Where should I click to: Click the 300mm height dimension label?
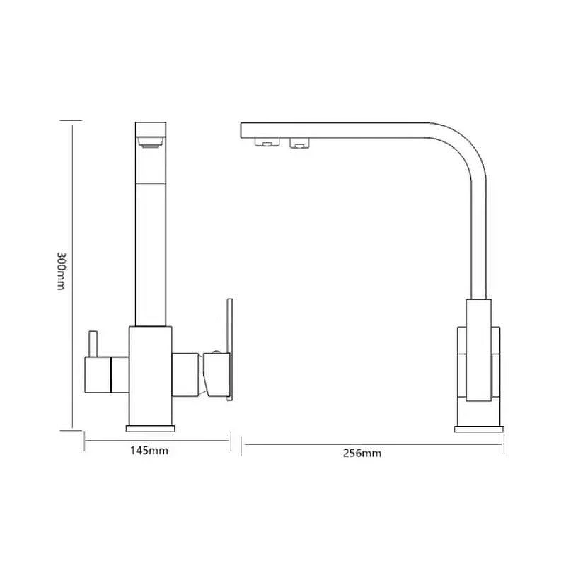[61, 271]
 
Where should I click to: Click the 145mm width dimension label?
[149, 451]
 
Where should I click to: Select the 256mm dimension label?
[362, 454]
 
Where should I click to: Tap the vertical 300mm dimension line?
[72, 277]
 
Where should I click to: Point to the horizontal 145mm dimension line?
[157, 440]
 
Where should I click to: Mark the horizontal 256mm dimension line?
[372, 445]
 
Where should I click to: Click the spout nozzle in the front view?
[151, 142]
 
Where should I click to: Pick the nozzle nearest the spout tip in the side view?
[267, 142]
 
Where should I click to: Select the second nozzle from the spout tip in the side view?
[299, 143]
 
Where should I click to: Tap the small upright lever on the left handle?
[93, 344]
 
